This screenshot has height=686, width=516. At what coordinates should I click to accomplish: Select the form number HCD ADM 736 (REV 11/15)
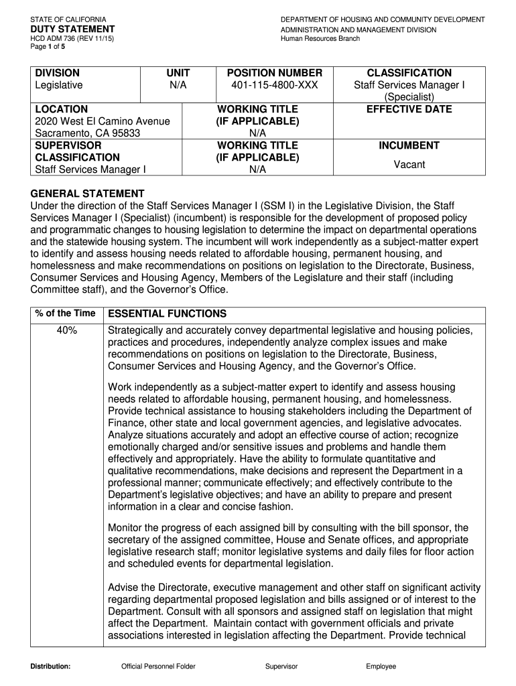click(67, 39)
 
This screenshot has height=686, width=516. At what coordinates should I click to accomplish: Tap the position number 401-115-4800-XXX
click(275, 85)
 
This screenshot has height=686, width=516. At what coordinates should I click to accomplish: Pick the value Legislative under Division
click(59, 85)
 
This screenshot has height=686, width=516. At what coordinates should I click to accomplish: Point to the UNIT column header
click(178, 73)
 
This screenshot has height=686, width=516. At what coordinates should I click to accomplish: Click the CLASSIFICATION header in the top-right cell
click(409, 73)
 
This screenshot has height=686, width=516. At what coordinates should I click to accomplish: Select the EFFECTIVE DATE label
click(409, 109)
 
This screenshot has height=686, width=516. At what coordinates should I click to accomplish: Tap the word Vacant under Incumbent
click(409, 164)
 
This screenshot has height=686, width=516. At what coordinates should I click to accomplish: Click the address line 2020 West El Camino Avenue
click(102, 121)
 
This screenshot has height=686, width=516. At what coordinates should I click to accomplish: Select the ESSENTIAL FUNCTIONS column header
click(167, 314)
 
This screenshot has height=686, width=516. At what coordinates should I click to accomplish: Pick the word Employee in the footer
click(381, 667)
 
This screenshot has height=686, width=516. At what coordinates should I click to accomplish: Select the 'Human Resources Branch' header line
click(320, 39)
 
